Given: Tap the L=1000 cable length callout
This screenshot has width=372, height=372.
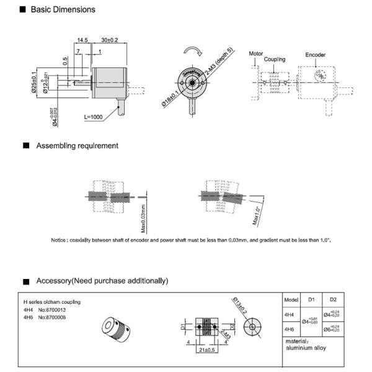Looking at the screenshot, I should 94,117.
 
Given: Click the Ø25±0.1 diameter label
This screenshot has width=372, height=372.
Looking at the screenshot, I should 36,81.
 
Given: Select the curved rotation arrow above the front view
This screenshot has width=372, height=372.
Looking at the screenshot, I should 192,51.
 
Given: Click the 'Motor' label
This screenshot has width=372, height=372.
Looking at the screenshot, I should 256,55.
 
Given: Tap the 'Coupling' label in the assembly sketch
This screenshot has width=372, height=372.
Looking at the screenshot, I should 274,60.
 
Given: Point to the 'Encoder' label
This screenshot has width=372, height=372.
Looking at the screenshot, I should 315,55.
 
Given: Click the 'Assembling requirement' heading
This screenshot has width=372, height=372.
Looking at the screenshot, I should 77,146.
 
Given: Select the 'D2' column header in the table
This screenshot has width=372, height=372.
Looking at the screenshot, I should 333,299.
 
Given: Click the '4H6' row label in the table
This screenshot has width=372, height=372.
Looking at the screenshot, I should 288,329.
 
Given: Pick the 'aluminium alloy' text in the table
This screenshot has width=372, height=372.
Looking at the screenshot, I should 306,348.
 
